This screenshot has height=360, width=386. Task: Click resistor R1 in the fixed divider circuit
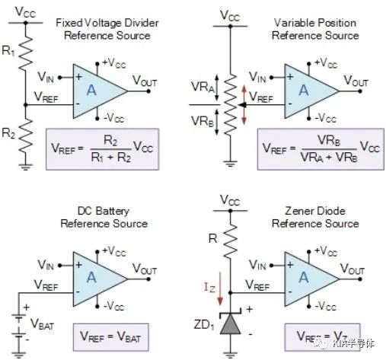pos(26,53)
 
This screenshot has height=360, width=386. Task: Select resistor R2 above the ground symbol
pos(26,136)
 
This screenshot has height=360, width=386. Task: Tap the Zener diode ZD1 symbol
pos(231,323)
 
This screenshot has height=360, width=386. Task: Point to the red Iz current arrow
pos(220,288)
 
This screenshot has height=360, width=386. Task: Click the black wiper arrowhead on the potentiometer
pos(243,104)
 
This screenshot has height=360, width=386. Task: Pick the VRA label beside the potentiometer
pos(203,87)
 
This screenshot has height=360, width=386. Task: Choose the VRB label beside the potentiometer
pos(203,121)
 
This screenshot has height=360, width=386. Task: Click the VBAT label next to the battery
pos(42,324)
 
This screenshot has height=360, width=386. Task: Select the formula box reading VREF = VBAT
pos(110,337)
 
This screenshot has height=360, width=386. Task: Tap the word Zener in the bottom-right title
pos(298,211)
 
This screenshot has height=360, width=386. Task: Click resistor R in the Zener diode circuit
pos(231,241)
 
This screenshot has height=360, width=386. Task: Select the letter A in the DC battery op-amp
pos(91,277)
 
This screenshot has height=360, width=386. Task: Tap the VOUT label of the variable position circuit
pos(356,81)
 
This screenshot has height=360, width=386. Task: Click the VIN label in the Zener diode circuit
pos(257,265)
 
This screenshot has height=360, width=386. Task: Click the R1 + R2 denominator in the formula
pos(111,158)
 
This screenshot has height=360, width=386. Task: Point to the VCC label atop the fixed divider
pos(25,12)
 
